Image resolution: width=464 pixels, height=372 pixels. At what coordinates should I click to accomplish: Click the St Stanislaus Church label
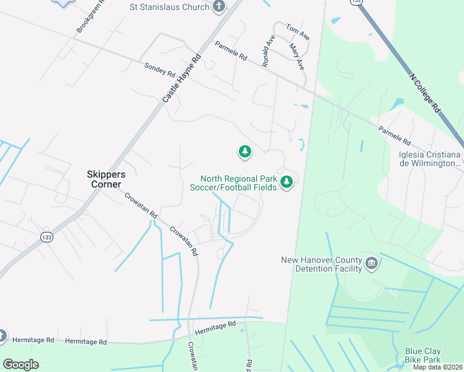[x=169, y=7]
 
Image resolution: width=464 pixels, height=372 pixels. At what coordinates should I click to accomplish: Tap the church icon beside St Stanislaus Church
[x=218, y=7]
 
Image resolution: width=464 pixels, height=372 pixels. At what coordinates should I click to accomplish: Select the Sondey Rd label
[x=156, y=69]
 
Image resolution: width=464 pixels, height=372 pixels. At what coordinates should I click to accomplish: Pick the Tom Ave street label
[x=297, y=29]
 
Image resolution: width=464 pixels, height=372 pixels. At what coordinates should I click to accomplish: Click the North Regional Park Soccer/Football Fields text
[x=238, y=184]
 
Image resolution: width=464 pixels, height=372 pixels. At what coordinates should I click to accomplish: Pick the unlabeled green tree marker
[x=245, y=151]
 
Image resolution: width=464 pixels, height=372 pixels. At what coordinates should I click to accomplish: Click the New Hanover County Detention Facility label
[x=321, y=264]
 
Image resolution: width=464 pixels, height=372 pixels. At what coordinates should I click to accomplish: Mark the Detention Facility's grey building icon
[x=372, y=263]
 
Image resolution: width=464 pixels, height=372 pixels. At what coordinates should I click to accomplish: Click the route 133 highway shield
[x=47, y=237]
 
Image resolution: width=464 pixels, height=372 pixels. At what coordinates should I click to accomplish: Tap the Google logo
[x=20, y=365]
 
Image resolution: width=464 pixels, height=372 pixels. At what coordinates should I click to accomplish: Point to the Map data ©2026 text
[x=438, y=367]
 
